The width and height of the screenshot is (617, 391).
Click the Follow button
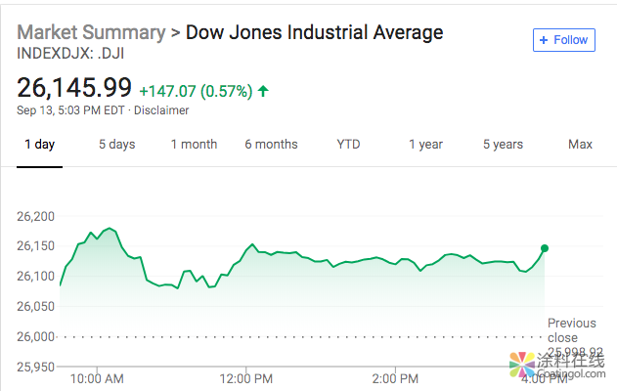563,40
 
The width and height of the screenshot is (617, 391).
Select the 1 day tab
39,145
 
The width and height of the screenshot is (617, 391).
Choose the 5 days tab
116,145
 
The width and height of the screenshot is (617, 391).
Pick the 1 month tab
194,145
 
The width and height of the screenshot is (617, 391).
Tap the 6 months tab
271,145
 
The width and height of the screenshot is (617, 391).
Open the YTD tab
348,145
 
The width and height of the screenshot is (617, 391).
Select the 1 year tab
425,145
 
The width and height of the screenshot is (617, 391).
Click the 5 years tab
503,145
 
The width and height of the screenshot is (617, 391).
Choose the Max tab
580,145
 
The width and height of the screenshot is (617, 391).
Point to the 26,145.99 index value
74,88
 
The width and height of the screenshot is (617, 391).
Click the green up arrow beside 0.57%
263,91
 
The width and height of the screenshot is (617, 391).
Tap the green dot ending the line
545,248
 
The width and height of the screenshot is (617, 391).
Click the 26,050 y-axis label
37,307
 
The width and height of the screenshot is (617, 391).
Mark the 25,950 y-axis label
37,368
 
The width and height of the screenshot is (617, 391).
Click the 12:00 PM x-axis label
246,378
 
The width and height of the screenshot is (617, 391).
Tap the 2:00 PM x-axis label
395,378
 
